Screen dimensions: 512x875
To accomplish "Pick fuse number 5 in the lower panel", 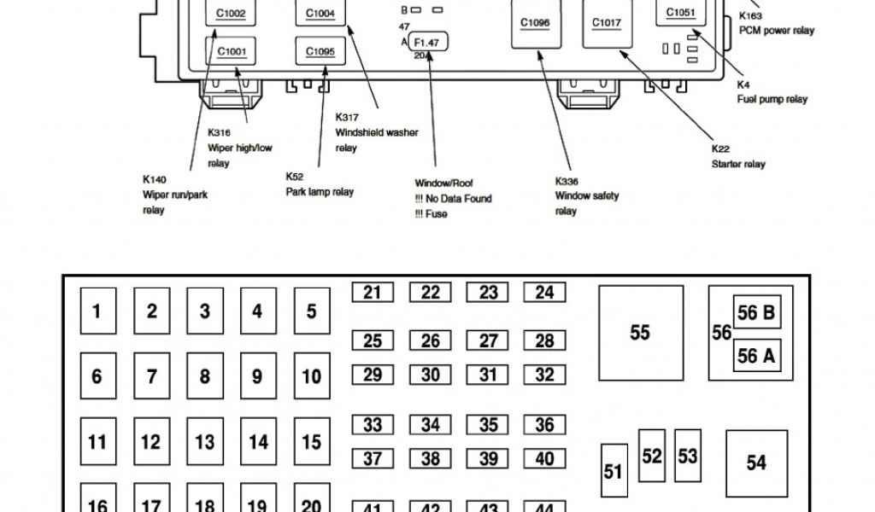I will (x=312, y=311).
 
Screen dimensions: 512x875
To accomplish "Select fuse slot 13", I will (x=204, y=441).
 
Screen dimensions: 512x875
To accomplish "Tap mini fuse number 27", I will (x=488, y=341).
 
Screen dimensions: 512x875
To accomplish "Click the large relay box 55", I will (x=640, y=333).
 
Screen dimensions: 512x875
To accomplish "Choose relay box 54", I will (x=756, y=463).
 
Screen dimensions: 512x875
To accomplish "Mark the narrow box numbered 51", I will (x=614, y=471).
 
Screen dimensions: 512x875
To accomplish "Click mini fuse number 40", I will (x=544, y=459).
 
